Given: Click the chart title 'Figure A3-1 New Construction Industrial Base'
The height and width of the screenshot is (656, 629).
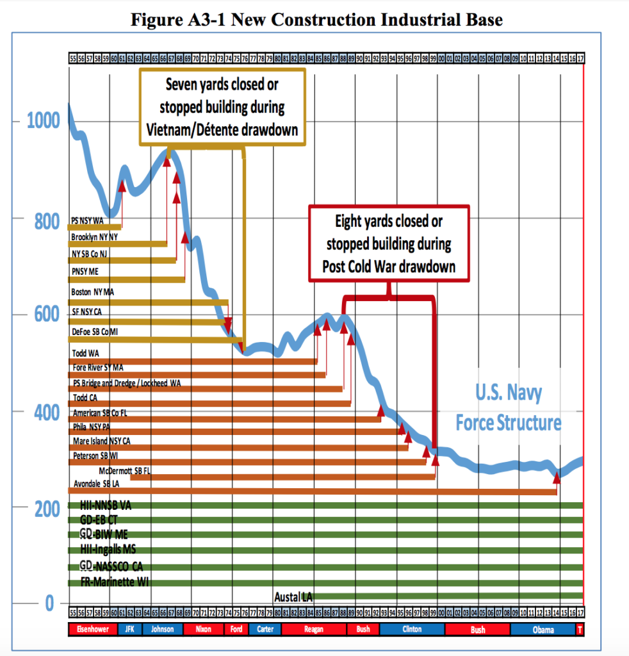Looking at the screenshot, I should pos(316,19).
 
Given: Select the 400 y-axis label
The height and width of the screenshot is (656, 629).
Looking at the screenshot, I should pos(43,412).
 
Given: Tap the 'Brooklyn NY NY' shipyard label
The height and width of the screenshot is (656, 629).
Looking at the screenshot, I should pos(94,236).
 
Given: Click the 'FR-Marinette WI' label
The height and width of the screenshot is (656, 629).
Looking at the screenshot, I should pos(115,582).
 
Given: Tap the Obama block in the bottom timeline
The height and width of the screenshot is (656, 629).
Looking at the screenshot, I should pos(543,629).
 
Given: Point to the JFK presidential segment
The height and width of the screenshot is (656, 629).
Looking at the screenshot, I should pos(129,629).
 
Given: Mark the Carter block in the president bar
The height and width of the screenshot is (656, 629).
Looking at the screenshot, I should pos(265,629).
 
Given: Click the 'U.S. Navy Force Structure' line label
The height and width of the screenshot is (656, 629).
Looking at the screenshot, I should pos(509,408).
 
